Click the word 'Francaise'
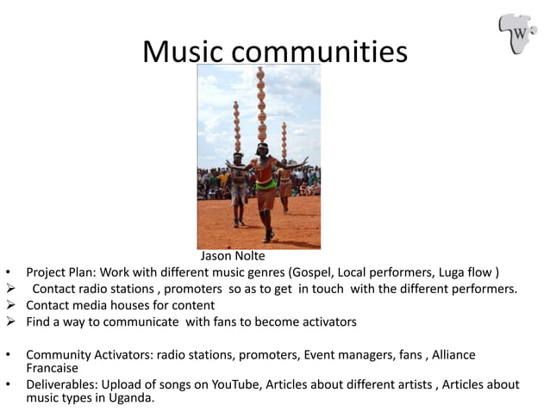pyautogui.click(x=52, y=368)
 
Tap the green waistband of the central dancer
pyautogui.click(x=266, y=184)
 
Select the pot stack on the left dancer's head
pyautogui.click(x=237, y=127)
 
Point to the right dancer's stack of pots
pyautogui.click(x=284, y=141)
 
